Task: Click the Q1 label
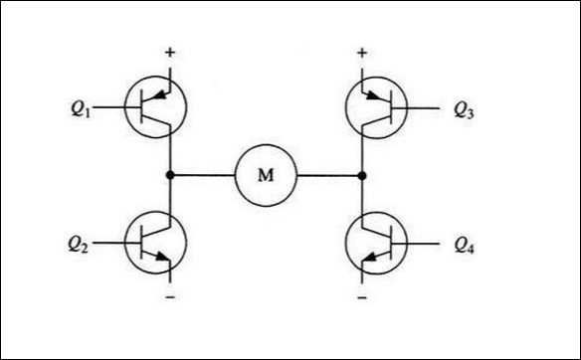tap(81, 110)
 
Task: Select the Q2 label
tap(81, 242)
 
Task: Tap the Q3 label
tap(463, 110)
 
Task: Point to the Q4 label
tap(463, 242)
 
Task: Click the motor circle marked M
tap(266, 175)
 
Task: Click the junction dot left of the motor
tap(170, 175)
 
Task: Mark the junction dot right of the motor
tap(361, 175)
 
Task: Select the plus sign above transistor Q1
tap(170, 52)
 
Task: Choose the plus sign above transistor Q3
tap(361, 52)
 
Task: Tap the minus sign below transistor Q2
tap(170, 297)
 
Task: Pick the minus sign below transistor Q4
tap(361, 297)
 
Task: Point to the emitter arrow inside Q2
tap(165, 261)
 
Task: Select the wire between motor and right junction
tap(328, 175)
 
